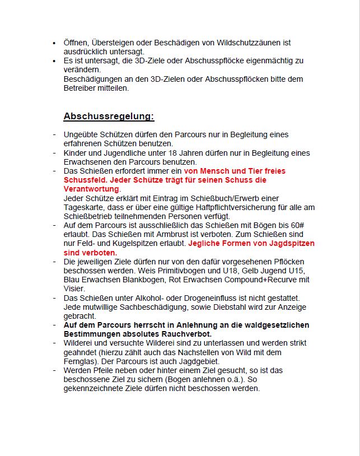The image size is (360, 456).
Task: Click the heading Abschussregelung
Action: pyautogui.click(x=109, y=117)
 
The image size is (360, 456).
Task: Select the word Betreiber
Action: pyautogui.click(x=80, y=88)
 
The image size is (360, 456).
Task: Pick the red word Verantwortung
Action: pyautogui.click(x=91, y=189)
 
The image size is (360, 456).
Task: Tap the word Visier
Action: pyautogui.click(x=74, y=289)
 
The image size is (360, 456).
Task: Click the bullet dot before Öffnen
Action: pyautogui.click(x=54, y=43)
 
